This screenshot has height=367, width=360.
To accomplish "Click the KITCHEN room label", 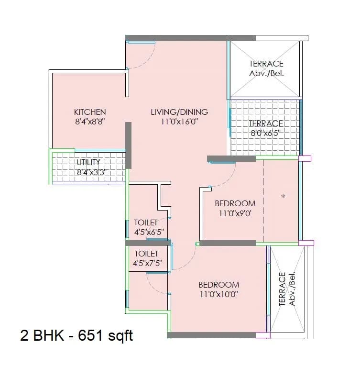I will [90, 112].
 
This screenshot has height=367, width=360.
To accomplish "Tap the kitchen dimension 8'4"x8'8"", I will [90, 122].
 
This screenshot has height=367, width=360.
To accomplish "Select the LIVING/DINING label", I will [179, 112].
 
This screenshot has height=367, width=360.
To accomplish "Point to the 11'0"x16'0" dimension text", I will [179, 122].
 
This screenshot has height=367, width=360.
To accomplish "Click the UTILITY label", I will [88, 163].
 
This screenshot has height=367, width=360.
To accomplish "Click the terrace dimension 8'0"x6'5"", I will [266, 133].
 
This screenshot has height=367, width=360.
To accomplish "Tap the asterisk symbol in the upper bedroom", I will [283, 197].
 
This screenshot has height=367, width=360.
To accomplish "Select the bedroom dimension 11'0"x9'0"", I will [235, 213].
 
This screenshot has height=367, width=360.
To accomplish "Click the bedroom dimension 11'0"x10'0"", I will [218, 294].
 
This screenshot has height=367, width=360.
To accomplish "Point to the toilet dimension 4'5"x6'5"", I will [149, 232].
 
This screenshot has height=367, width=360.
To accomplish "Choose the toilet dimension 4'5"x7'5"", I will [149, 263].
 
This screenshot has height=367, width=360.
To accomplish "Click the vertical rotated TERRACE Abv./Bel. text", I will [286, 289].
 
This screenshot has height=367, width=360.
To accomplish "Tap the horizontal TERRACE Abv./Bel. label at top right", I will [266, 68].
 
